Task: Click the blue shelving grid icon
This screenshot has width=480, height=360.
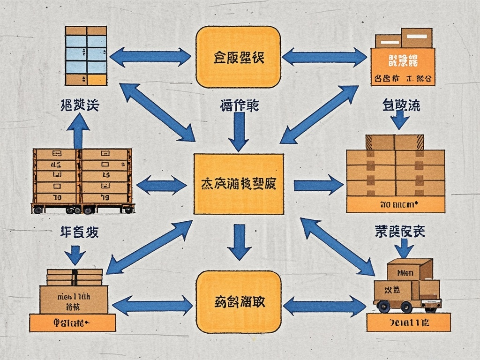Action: pyautogui.click(x=86, y=56)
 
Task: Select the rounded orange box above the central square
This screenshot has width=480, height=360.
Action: pyautogui.click(x=238, y=57)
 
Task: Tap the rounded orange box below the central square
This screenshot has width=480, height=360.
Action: pyautogui.click(x=238, y=302)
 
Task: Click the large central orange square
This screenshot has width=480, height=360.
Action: pyautogui.click(x=238, y=184)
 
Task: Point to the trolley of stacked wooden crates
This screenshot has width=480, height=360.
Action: pyautogui.click(x=82, y=181)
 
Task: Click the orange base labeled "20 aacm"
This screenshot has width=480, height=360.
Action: pyautogui.click(x=395, y=204)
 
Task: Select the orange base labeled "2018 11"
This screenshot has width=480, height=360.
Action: pyautogui.click(x=408, y=322)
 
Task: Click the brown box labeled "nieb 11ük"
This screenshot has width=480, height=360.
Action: pyautogui.click(x=74, y=300)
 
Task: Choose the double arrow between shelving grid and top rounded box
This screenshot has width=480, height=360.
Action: pyautogui.click(x=150, y=57)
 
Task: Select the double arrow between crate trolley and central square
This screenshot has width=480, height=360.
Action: pyautogui.click(x=161, y=185)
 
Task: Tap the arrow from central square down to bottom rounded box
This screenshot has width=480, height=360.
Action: pyautogui.click(x=239, y=241)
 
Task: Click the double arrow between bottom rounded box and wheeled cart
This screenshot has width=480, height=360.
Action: pyautogui.click(x=324, y=306)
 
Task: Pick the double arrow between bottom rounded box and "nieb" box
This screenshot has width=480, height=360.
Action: pyautogui.click(x=152, y=306)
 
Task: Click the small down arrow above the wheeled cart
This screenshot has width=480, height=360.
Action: pyautogui.click(x=404, y=247)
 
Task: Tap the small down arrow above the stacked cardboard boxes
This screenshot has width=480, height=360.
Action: pyautogui.click(x=400, y=120)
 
